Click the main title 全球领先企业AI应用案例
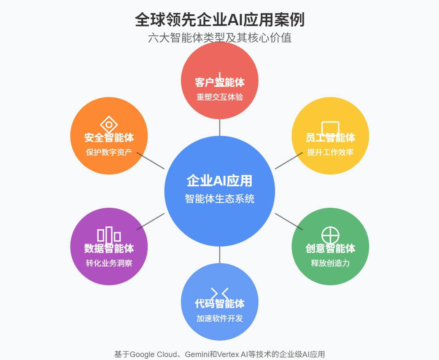click(219, 19)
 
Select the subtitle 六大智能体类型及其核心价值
click(219, 38)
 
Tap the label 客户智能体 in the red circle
click(219, 82)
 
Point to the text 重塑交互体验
click(219, 97)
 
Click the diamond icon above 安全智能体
click(109, 124)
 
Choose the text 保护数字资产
click(109, 152)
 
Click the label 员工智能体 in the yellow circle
click(330, 137)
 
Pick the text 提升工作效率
click(330, 152)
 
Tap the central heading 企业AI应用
click(219, 181)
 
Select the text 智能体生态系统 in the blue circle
click(219, 199)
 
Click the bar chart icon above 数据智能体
click(109, 235)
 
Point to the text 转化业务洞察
click(109, 263)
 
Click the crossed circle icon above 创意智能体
click(330, 235)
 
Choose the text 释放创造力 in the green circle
click(330, 263)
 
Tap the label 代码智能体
click(219, 303)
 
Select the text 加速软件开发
click(219, 318)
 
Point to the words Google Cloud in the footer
click(152, 354)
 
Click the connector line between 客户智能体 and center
click(219, 127)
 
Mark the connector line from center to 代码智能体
click(219, 255)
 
